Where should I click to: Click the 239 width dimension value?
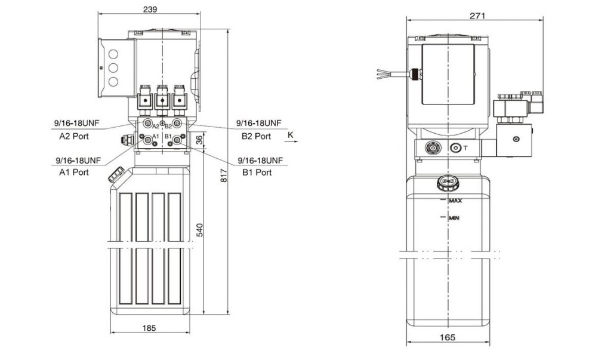(150, 9)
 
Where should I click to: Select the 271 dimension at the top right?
(477, 16)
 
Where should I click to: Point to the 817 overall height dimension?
(224, 176)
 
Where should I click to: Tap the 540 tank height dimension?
(199, 230)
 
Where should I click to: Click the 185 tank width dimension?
(149, 328)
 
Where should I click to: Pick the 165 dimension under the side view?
(448, 337)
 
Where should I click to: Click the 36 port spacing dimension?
(199, 140)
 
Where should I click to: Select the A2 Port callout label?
(74, 137)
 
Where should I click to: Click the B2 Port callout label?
(256, 137)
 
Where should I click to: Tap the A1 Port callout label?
(74, 173)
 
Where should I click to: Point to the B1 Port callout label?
(257, 173)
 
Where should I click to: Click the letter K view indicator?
(291, 135)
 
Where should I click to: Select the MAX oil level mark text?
(455, 201)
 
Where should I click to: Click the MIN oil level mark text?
(454, 218)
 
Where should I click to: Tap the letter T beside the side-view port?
(465, 148)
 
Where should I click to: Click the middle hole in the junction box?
(113, 68)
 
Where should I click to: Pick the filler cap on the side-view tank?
(448, 183)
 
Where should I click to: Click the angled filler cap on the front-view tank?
(116, 174)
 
